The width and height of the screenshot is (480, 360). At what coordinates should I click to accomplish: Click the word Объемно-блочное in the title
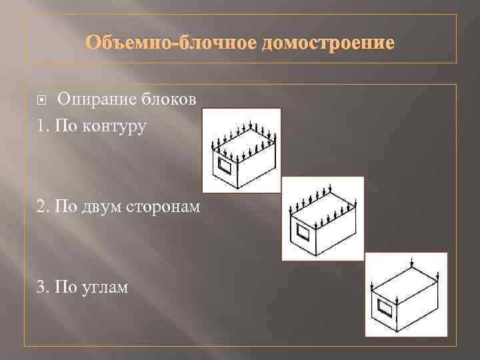tap(171, 43)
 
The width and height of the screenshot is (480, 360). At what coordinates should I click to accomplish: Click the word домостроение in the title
tap(329, 43)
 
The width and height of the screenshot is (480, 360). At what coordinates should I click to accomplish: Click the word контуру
tap(113, 125)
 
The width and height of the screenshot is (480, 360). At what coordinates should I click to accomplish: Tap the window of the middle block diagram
tap(304, 234)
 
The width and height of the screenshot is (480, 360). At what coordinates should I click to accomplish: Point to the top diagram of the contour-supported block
tap(241, 151)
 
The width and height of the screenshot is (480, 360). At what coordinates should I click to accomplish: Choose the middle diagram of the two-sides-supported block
tap(323, 219)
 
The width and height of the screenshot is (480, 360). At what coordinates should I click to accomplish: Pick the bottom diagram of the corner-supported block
tap(405, 294)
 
